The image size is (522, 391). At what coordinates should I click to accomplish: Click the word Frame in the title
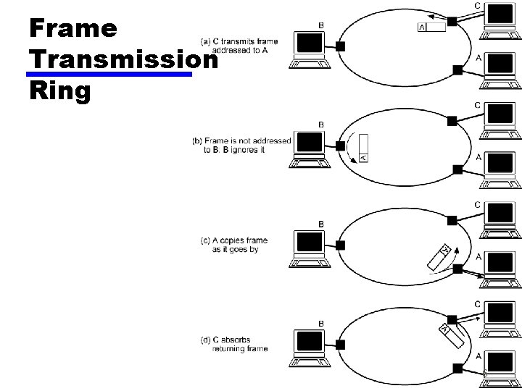[72, 28]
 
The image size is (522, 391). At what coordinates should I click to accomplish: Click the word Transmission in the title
[124, 60]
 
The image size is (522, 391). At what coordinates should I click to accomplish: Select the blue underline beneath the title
[108, 74]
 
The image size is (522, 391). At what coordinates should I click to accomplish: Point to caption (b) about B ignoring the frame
[241, 145]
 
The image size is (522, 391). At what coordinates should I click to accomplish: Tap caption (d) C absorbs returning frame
[234, 344]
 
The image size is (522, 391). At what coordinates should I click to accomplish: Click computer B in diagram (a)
[310, 51]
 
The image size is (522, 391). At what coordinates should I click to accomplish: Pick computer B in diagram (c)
[310, 249]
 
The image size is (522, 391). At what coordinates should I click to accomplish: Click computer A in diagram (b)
[500, 169]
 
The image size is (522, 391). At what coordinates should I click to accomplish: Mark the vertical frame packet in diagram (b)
[364, 148]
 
